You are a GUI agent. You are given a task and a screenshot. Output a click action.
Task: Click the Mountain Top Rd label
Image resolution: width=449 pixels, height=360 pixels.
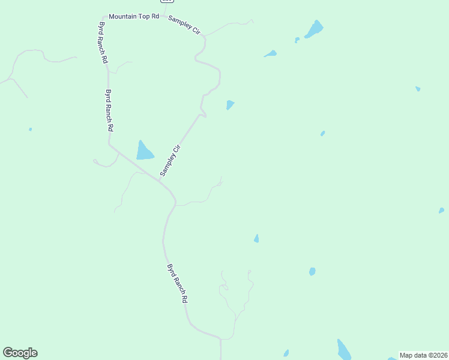[133, 16]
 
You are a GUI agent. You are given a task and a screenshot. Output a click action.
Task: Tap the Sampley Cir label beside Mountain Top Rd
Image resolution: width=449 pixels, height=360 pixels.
[184, 25]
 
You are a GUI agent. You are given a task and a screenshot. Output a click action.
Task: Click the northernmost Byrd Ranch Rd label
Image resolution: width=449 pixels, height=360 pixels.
[103, 43]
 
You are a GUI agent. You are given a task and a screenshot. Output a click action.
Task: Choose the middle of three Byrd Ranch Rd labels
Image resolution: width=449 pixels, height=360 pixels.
[109, 110]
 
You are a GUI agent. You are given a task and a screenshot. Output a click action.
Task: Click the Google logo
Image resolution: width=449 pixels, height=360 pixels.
[20, 353]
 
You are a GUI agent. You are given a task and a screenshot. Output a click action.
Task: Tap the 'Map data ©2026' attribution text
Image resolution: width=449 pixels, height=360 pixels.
[423, 355]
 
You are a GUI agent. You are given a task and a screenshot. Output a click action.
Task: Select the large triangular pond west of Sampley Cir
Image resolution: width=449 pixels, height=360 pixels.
[144, 152]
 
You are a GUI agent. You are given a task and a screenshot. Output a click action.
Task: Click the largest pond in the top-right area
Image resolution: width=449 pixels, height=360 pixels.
[314, 29]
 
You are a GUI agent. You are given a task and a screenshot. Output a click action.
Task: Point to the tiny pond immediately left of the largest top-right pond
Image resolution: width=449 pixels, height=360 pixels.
[297, 40]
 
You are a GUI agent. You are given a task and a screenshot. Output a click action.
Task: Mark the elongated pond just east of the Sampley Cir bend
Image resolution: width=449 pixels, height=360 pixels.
[270, 54]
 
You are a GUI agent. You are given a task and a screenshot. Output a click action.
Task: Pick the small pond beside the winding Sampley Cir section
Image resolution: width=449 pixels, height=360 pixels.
[230, 105]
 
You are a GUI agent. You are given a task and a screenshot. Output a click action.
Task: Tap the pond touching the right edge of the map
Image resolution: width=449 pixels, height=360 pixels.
[441, 211]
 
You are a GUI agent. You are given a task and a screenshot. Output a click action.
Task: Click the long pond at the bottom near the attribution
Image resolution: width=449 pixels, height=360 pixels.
[344, 350]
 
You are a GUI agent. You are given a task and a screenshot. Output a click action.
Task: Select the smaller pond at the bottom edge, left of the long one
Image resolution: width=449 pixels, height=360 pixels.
[286, 353]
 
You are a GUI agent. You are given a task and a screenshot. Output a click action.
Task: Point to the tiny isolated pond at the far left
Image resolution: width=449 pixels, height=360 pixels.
[30, 129]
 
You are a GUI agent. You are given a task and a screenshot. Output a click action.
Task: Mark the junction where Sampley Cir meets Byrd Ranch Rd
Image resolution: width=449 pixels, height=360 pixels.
[159, 179]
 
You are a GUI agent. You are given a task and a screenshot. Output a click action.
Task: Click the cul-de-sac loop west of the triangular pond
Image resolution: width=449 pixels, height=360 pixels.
[95, 161]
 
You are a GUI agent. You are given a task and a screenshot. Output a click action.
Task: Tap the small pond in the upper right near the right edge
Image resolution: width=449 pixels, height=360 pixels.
[418, 89]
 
